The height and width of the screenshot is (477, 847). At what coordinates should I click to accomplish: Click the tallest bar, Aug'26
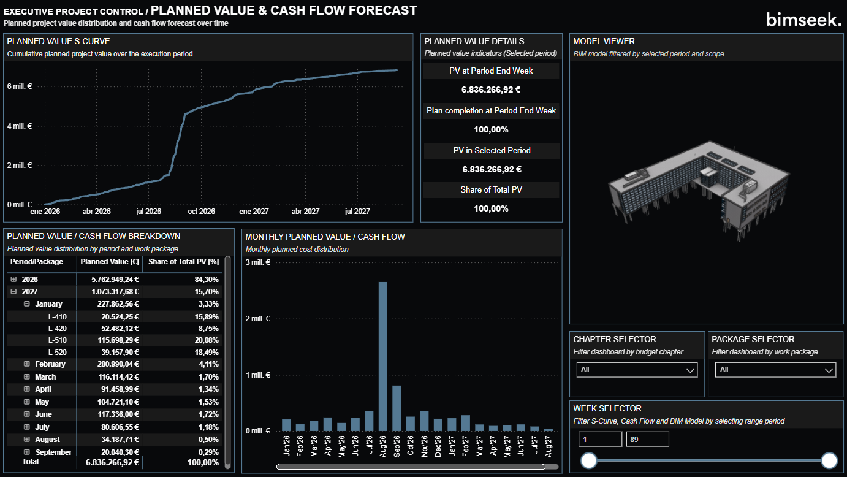point(382,356)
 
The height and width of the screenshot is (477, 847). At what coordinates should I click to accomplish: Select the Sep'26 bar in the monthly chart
point(396,408)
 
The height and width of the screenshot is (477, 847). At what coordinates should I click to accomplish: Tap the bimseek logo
point(803,20)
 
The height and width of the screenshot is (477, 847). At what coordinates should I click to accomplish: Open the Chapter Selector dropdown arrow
point(691,370)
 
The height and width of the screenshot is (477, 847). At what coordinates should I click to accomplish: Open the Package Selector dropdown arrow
point(829,370)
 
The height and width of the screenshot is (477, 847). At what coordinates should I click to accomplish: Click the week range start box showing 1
point(600,439)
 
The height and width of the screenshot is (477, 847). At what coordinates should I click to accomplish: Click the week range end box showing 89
point(647,439)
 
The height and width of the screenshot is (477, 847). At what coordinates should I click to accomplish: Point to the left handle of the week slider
point(589,460)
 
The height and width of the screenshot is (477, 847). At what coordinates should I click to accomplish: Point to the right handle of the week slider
point(829,460)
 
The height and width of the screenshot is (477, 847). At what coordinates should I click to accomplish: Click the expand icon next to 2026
point(14,279)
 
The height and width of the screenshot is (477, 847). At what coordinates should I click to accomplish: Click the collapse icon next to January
point(27,304)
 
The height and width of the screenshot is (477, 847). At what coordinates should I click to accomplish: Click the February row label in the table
point(50,364)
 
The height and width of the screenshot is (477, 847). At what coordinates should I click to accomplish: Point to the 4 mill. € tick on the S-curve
point(19,126)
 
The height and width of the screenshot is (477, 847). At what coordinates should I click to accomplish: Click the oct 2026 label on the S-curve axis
point(201,212)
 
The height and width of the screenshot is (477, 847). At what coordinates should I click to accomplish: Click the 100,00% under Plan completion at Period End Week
point(491,129)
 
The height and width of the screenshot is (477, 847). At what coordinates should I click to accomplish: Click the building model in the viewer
point(699,184)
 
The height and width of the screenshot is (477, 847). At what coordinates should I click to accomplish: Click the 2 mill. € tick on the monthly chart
point(257,319)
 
